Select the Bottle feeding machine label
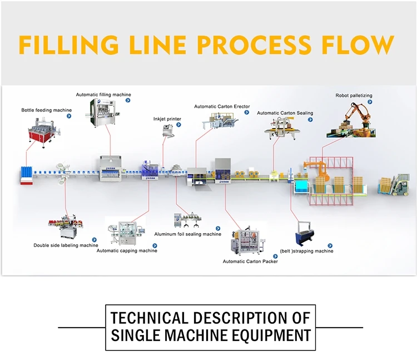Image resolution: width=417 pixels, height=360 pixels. tap(47, 110)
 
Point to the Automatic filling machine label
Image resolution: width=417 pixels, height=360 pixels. tap(103, 95)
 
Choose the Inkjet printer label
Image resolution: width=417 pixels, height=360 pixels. tap(167, 119)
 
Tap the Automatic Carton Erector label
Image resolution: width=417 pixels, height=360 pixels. tap(222, 106)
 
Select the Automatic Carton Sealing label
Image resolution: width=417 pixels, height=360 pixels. tap(285, 113)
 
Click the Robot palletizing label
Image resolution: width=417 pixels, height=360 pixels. tap(354, 96)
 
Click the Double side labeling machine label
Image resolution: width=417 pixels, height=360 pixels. tap(66, 245)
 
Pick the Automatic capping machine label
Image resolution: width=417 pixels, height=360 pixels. tap(127, 251)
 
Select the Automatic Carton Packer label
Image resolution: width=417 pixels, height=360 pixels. tap(250, 261)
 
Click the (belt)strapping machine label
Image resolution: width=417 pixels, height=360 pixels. tap(306, 251)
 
